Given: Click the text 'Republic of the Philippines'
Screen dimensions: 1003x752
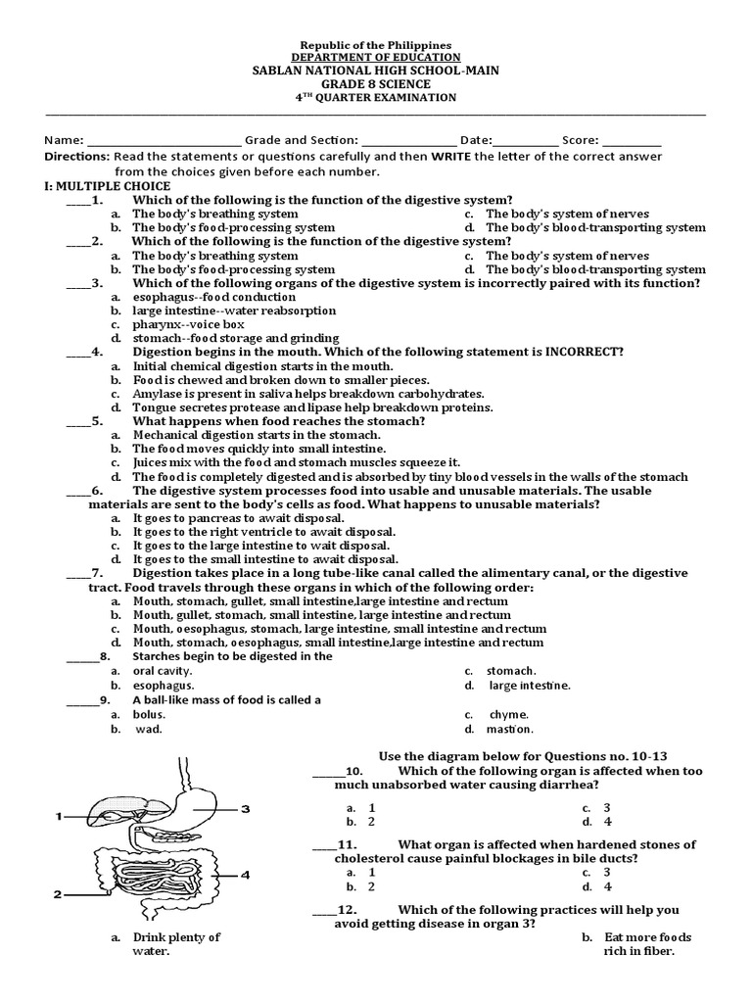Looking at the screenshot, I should pos(376,45).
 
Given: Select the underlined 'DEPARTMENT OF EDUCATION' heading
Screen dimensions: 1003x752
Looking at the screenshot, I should pos(376,58).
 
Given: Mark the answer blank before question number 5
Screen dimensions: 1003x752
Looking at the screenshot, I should pos(78,421).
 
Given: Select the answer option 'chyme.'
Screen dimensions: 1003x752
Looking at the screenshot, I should pos(510,714).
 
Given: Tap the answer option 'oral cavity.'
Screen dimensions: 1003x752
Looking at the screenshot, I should pos(164,671).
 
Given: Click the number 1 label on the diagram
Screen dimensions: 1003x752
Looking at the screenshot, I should pos(59,815).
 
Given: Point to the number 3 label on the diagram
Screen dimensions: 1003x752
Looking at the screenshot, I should pos(246,808).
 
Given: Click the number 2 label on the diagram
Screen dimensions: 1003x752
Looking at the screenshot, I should pos(59,893).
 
